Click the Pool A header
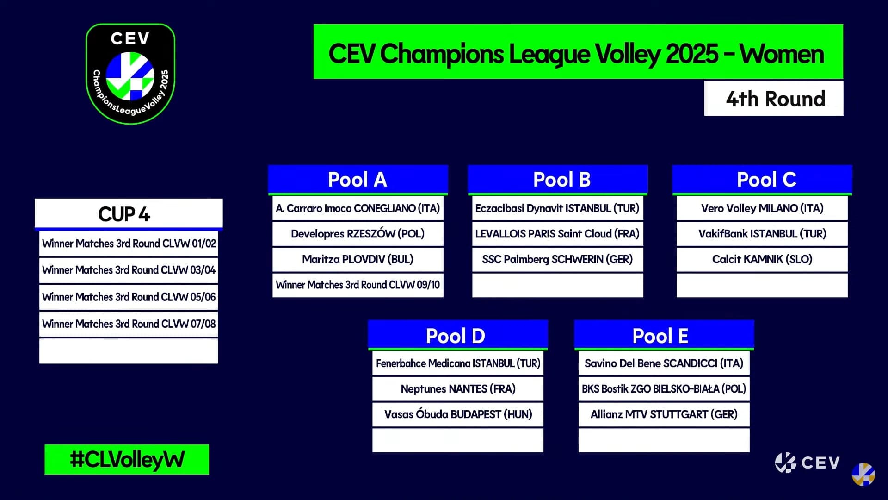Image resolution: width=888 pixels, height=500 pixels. [x=358, y=180]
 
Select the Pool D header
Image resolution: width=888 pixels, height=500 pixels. [x=458, y=335]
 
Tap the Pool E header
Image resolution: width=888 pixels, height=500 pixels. [x=664, y=335]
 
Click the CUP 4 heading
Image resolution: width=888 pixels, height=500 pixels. [x=129, y=214]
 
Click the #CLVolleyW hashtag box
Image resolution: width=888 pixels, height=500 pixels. [x=127, y=459]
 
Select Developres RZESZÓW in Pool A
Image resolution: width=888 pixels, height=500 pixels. [x=358, y=234]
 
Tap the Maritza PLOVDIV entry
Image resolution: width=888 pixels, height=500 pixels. [x=358, y=259]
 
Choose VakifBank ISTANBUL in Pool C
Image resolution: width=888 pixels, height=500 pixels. [x=762, y=234]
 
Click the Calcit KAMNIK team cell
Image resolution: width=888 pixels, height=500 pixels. [x=762, y=259]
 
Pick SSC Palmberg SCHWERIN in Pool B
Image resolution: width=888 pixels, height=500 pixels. [x=558, y=259]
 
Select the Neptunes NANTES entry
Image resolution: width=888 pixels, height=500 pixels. [x=458, y=389]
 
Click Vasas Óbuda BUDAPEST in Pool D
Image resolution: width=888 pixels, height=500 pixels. [x=458, y=414]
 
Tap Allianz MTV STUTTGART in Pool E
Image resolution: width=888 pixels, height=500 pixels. [x=664, y=414]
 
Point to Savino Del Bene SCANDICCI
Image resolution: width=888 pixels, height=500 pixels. [x=664, y=363]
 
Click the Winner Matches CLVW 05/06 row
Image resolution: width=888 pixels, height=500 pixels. [x=129, y=297]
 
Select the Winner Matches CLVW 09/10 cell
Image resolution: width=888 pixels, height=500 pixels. [x=358, y=285]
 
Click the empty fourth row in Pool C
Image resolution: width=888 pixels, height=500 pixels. [x=762, y=285]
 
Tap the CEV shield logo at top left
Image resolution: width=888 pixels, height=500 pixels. [x=130, y=74]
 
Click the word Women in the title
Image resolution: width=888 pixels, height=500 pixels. [x=782, y=54]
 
